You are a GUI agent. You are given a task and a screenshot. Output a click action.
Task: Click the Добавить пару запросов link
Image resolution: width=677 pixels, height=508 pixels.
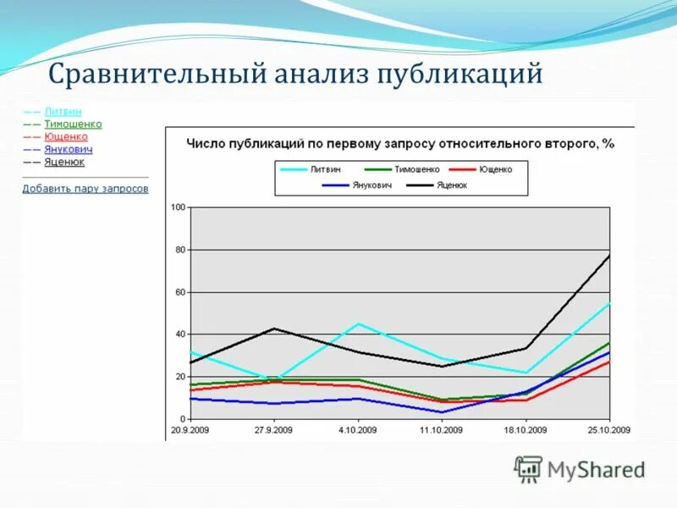click(x=85, y=189)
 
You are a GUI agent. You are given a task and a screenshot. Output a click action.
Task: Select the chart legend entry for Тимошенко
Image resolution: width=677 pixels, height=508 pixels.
click(x=416, y=169)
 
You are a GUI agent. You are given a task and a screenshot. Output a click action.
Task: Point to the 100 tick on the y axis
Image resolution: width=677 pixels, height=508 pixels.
click(x=178, y=207)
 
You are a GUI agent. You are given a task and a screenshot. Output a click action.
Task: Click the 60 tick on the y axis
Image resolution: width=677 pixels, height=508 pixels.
click(x=180, y=292)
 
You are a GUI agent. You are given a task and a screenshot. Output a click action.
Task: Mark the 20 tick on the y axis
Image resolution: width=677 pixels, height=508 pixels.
click(x=180, y=377)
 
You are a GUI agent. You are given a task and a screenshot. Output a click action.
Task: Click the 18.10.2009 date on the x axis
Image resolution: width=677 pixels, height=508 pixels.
click(x=526, y=429)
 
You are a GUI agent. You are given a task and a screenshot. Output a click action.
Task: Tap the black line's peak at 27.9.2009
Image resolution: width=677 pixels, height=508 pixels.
click(x=274, y=329)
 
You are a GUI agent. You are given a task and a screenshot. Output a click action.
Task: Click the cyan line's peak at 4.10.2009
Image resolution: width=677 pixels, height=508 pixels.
click(x=358, y=323)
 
